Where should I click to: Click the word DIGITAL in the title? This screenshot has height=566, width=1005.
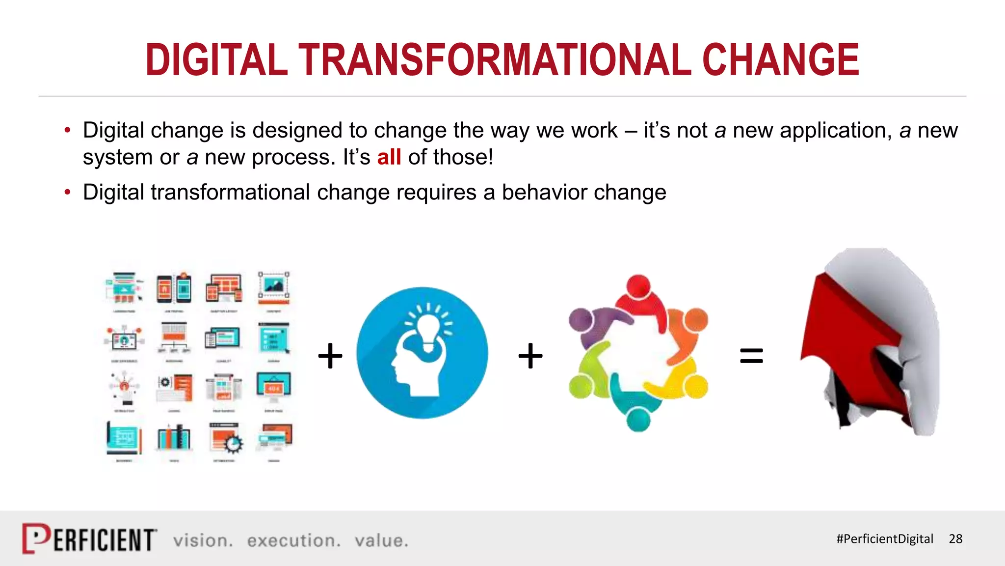[x=216, y=60]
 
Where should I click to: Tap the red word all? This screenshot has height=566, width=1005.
[x=389, y=157]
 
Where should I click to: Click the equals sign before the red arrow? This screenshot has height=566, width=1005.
[x=751, y=356]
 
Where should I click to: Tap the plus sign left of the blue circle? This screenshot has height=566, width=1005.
[x=330, y=356]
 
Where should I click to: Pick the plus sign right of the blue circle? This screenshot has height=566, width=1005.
[x=530, y=356]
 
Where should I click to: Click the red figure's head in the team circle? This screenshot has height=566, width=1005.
[x=638, y=286]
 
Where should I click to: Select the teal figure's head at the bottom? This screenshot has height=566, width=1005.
[x=638, y=420]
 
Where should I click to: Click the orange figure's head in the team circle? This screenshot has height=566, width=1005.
[x=696, y=320]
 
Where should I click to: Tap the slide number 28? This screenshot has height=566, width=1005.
[x=955, y=539]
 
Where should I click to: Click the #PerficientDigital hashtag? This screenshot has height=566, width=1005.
[x=884, y=539]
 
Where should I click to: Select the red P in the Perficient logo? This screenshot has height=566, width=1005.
[x=35, y=538]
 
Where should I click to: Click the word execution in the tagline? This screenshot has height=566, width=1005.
[x=293, y=540]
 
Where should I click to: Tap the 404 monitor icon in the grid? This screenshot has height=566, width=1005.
[x=273, y=387]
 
